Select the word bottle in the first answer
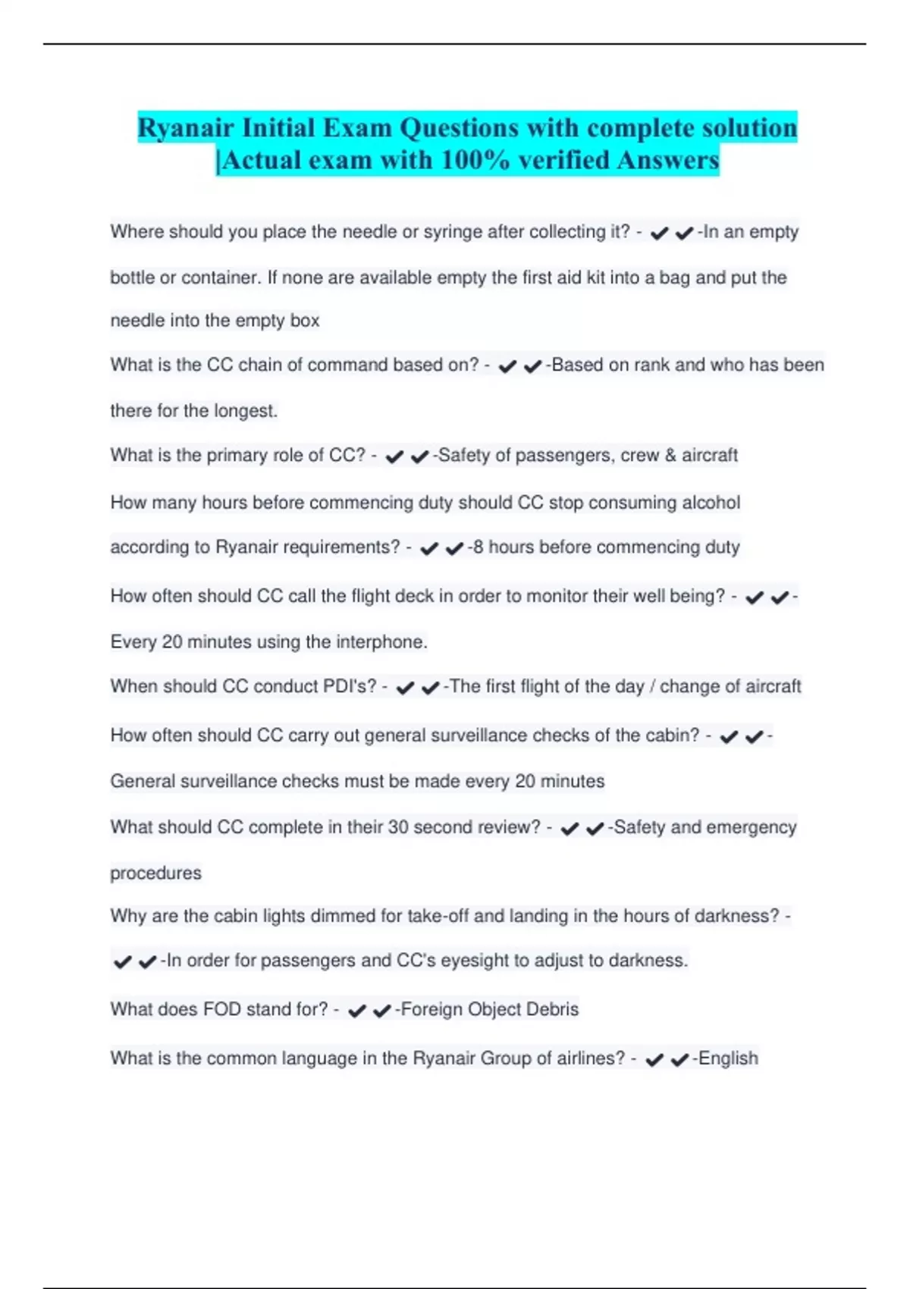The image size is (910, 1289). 133,278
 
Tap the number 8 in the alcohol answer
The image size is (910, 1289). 477,547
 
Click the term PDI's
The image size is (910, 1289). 350,686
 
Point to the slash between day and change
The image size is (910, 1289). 651,686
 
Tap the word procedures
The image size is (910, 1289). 155,873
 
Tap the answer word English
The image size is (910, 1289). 727,1058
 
